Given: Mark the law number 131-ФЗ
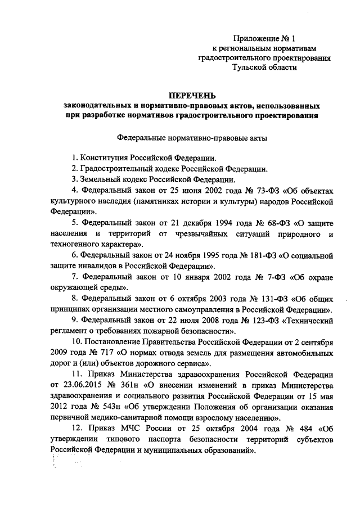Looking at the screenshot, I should pos(254,298).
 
